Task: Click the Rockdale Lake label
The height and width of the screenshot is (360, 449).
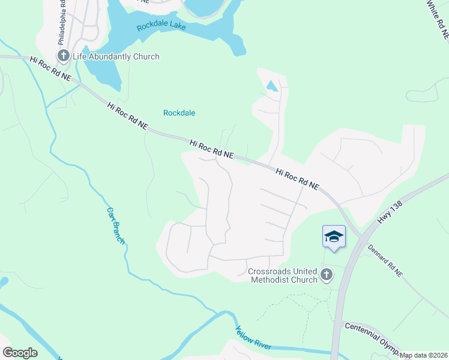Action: point(161,26)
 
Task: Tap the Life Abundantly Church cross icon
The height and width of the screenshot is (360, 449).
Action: point(64,57)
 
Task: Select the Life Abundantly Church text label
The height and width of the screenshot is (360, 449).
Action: point(116,57)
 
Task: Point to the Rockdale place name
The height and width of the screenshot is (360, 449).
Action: point(179,113)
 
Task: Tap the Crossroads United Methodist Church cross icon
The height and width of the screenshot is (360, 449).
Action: point(327,275)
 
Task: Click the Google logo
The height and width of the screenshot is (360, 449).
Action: point(20,353)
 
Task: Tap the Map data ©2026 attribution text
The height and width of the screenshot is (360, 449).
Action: point(424,355)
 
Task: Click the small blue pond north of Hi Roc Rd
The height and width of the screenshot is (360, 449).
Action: point(272,86)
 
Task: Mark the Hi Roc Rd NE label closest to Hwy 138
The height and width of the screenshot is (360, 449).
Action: point(297,179)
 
